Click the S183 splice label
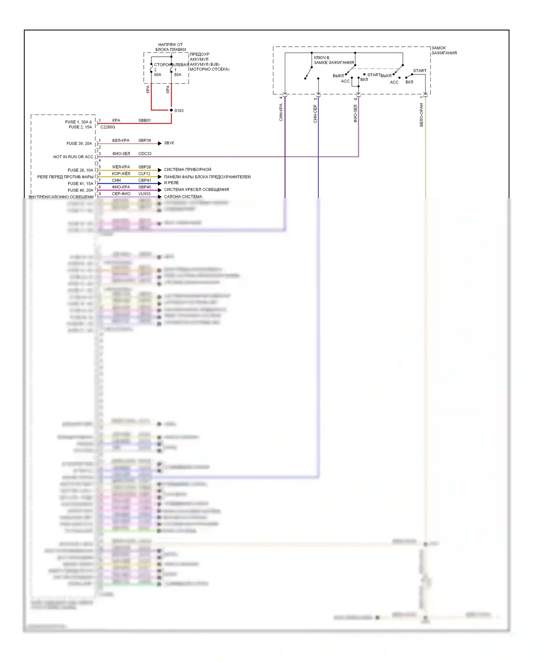pyautogui.click(x=179, y=111)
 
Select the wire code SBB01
pyautogui.click(x=144, y=120)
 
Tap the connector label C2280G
pyautogui.click(x=108, y=127)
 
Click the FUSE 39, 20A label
pyautogui.click(x=79, y=144)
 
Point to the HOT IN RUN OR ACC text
pyautogui.click(x=73, y=157)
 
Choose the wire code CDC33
pyautogui.click(x=145, y=154)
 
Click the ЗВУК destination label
pyautogui.click(x=169, y=143)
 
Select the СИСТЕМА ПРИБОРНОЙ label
pyautogui.click(x=188, y=170)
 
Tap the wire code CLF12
pyautogui.click(x=144, y=174)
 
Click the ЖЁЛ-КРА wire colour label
pyautogui.click(x=121, y=167)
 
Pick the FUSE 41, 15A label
pyautogui.click(x=80, y=184)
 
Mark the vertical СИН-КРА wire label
pyautogui.click(x=281, y=112)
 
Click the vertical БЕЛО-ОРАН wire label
pyautogui.click(x=421, y=115)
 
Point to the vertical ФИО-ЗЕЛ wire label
pyautogui.click(x=355, y=114)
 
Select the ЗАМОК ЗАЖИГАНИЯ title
pyautogui.click(x=444, y=51)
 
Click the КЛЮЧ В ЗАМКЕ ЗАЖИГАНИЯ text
pyautogui.click(x=333, y=60)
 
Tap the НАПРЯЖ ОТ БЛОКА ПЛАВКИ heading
pyautogui.click(x=171, y=47)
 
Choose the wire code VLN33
pyautogui.click(x=144, y=194)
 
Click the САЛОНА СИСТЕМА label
pyautogui.click(x=183, y=197)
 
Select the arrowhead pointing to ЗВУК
pyautogui.click(x=160, y=144)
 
